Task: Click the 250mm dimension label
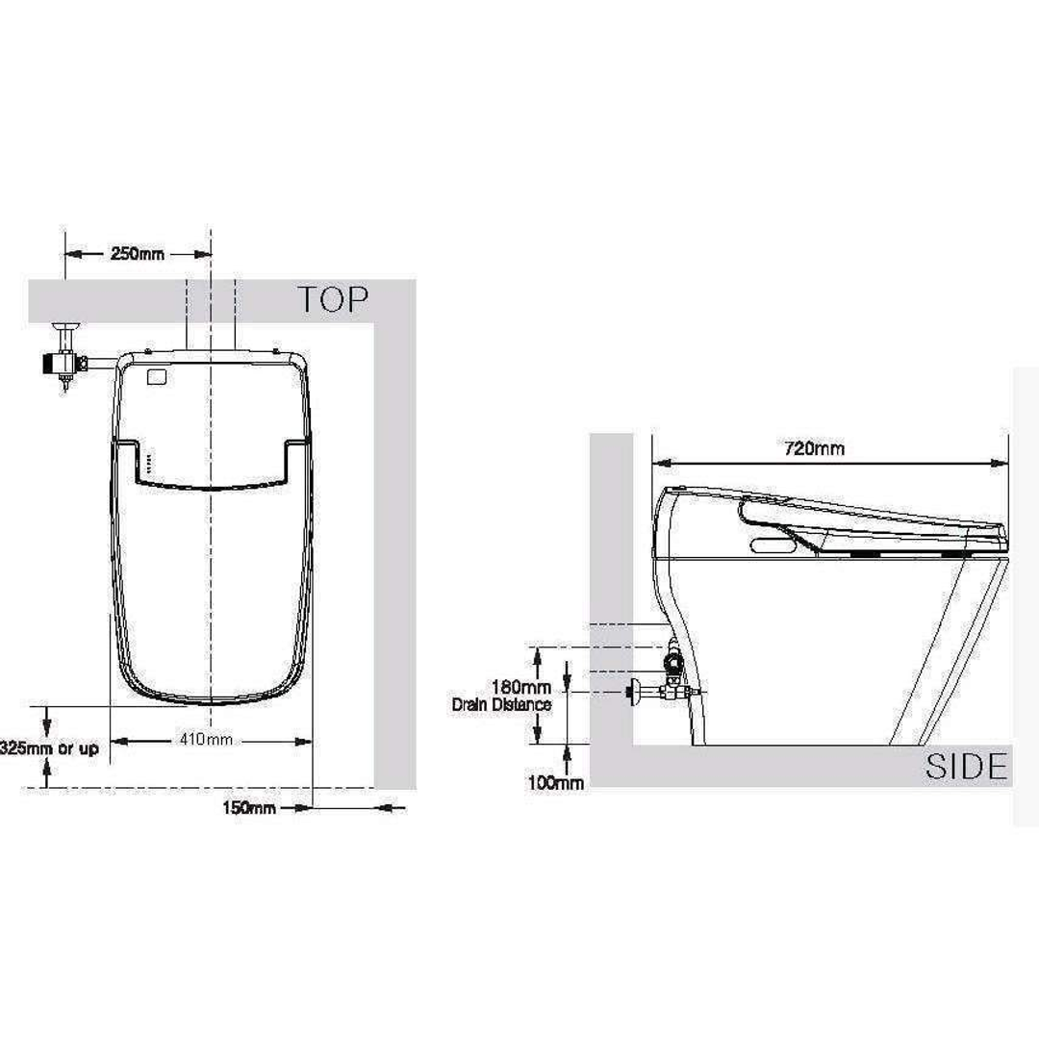(x=138, y=254)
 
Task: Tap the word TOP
(x=333, y=299)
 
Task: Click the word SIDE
(x=966, y=767)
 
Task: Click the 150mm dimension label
(x=249, y=808)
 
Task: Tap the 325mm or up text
(x=49, y=748)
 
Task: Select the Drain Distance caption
(x=501, y=704)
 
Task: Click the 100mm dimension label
(x=555, y=783)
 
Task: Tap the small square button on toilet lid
(x=153, y=376)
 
